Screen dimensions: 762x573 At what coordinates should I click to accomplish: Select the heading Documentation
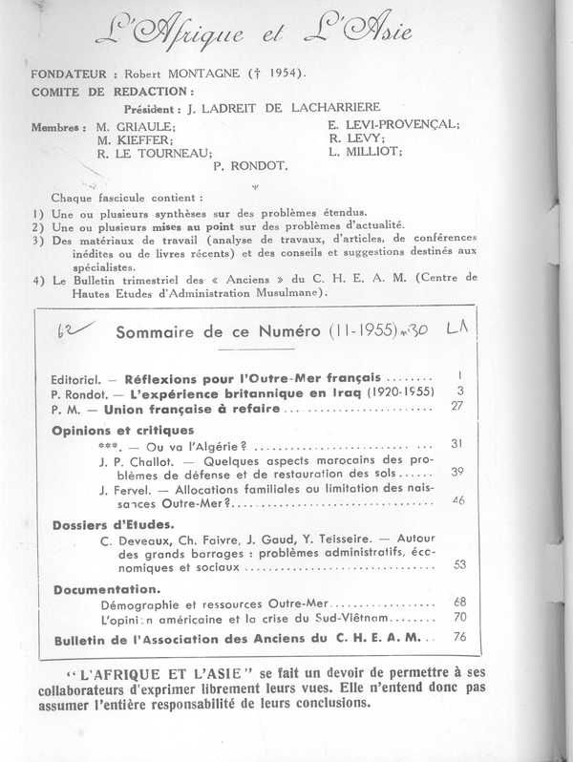pos(104,589)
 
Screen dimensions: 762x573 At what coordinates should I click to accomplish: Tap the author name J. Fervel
pos(122,488)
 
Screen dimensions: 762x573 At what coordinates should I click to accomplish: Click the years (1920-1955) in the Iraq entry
pos(387,392)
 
